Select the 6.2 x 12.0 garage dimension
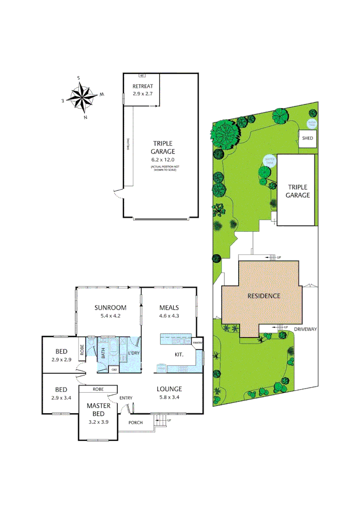click(x=163, y=159)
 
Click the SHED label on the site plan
click(x=308, y=138)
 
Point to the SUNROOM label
click(x=110, y=307)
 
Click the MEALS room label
click(x=169, y=307)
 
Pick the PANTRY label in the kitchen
click(x=198, y=342)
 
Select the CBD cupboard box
click(x=114, y=369)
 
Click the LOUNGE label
click(x=170, y=389)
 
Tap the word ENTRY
click(x=126, y=398)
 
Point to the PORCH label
click(x=136, y=422)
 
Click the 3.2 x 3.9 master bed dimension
click(x=99, y=422)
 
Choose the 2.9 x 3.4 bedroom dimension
click(x=60, y=397)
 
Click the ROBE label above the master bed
click(x=99, y=389)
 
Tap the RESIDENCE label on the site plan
click(x=263, y=296)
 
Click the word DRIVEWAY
click(x=305, y=329)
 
